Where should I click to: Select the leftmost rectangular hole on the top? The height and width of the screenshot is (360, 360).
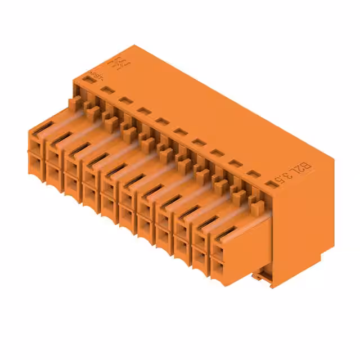pos(87,81)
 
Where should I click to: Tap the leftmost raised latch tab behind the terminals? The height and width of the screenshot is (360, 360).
pos(75,101)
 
